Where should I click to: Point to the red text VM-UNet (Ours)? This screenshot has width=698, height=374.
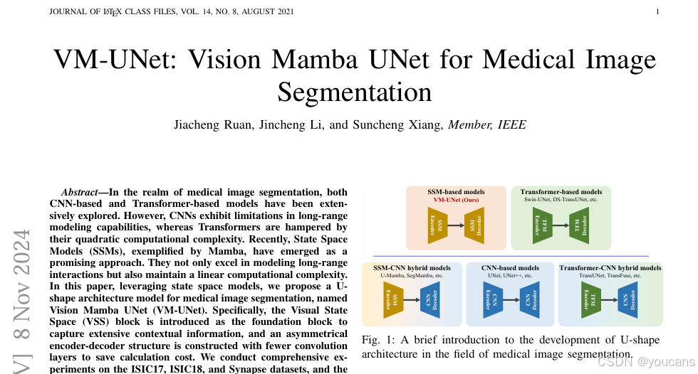[456, 201]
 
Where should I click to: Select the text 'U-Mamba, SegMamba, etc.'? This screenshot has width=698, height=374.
[412, 275]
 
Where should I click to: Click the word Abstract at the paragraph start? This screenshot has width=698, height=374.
[84, 192]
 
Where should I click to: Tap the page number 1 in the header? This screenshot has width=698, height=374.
[657, 12]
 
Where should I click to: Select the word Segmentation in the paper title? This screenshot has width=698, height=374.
[354, 92]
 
